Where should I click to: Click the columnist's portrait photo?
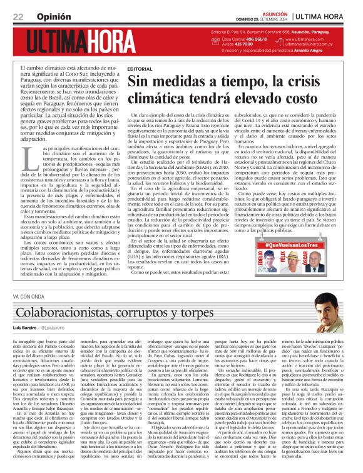point(341,313)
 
